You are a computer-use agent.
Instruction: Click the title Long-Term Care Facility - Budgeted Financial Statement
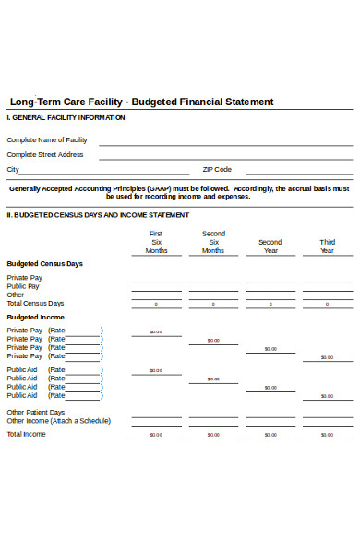click(x=140, y=102)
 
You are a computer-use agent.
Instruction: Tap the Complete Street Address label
click(x=45, y=154)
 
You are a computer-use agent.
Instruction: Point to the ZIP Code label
click(x=217, y=169)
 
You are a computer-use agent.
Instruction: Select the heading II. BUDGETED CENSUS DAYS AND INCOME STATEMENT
click(x=98, y=214)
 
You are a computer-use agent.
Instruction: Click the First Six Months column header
click(x=156, y=242)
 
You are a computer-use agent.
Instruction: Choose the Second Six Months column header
click(x=213, y=242)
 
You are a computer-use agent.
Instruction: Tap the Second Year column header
click(x=270, y=247)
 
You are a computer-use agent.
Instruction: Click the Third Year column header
click(x=327, y=247)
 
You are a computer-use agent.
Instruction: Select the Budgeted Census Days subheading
click(x=44, y=263)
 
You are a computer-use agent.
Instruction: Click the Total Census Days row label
click(x=35, y=303)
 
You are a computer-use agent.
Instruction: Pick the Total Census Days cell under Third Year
click(x=327, y=304)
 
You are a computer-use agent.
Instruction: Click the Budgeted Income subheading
click(x=35, y=317)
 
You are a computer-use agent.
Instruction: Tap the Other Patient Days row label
click(x=36, y=412)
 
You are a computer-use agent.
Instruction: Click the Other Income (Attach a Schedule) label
click(x=58, y=420)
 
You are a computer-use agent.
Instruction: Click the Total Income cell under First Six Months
click(x=156, y=435)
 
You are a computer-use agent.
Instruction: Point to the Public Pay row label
click(x=23, y=286)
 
